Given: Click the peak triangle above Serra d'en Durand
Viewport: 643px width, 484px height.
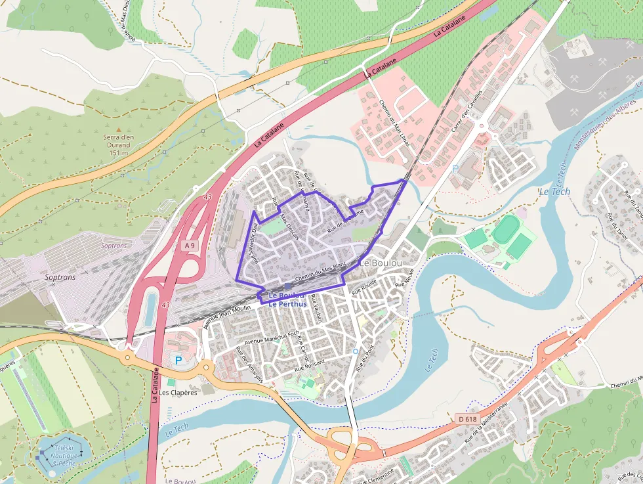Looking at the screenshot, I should pos(119,129).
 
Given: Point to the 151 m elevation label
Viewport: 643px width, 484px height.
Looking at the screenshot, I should pos(118,153).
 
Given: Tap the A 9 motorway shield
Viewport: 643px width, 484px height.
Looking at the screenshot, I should pos(189,245).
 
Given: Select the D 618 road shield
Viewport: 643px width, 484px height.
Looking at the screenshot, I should pos(467,418).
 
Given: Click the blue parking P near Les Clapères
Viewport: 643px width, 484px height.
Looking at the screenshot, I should pos(177,360).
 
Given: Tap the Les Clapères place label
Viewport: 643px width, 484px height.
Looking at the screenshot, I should pos(178,393).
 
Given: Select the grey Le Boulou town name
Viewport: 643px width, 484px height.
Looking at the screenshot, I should pos(382,263).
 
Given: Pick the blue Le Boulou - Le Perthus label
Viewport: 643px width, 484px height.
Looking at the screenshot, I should pos(287,299).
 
